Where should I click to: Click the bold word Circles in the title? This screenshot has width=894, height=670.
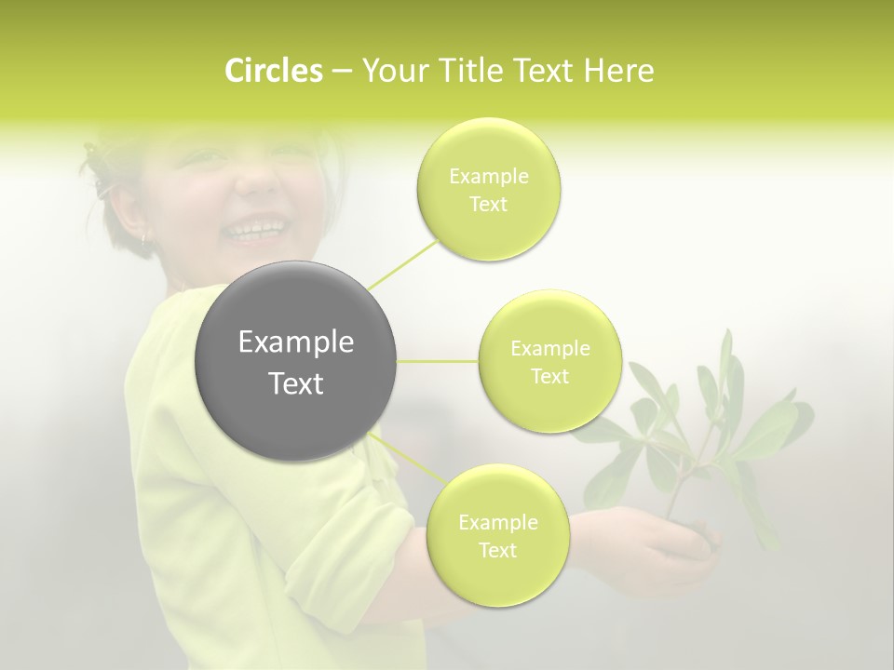pyautogui.click(x=274, y=71)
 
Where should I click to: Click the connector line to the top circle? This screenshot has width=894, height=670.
pyautogui.click(x=403, y=263)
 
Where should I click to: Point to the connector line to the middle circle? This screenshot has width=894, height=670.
pyautogui.click(x=438, y=361)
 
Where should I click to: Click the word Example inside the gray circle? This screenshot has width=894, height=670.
pyautogui.click(x=296, y=342)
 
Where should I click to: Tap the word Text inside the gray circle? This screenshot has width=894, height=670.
pyautogui.click(x=296, y=383)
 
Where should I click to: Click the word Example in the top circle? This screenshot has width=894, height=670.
pyautogui.click(x=489, y=177)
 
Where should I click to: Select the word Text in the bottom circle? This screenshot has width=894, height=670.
pyautogui.click(x=497, y=551)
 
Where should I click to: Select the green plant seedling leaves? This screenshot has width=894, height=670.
pyautogui.click(x=708, y=419)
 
